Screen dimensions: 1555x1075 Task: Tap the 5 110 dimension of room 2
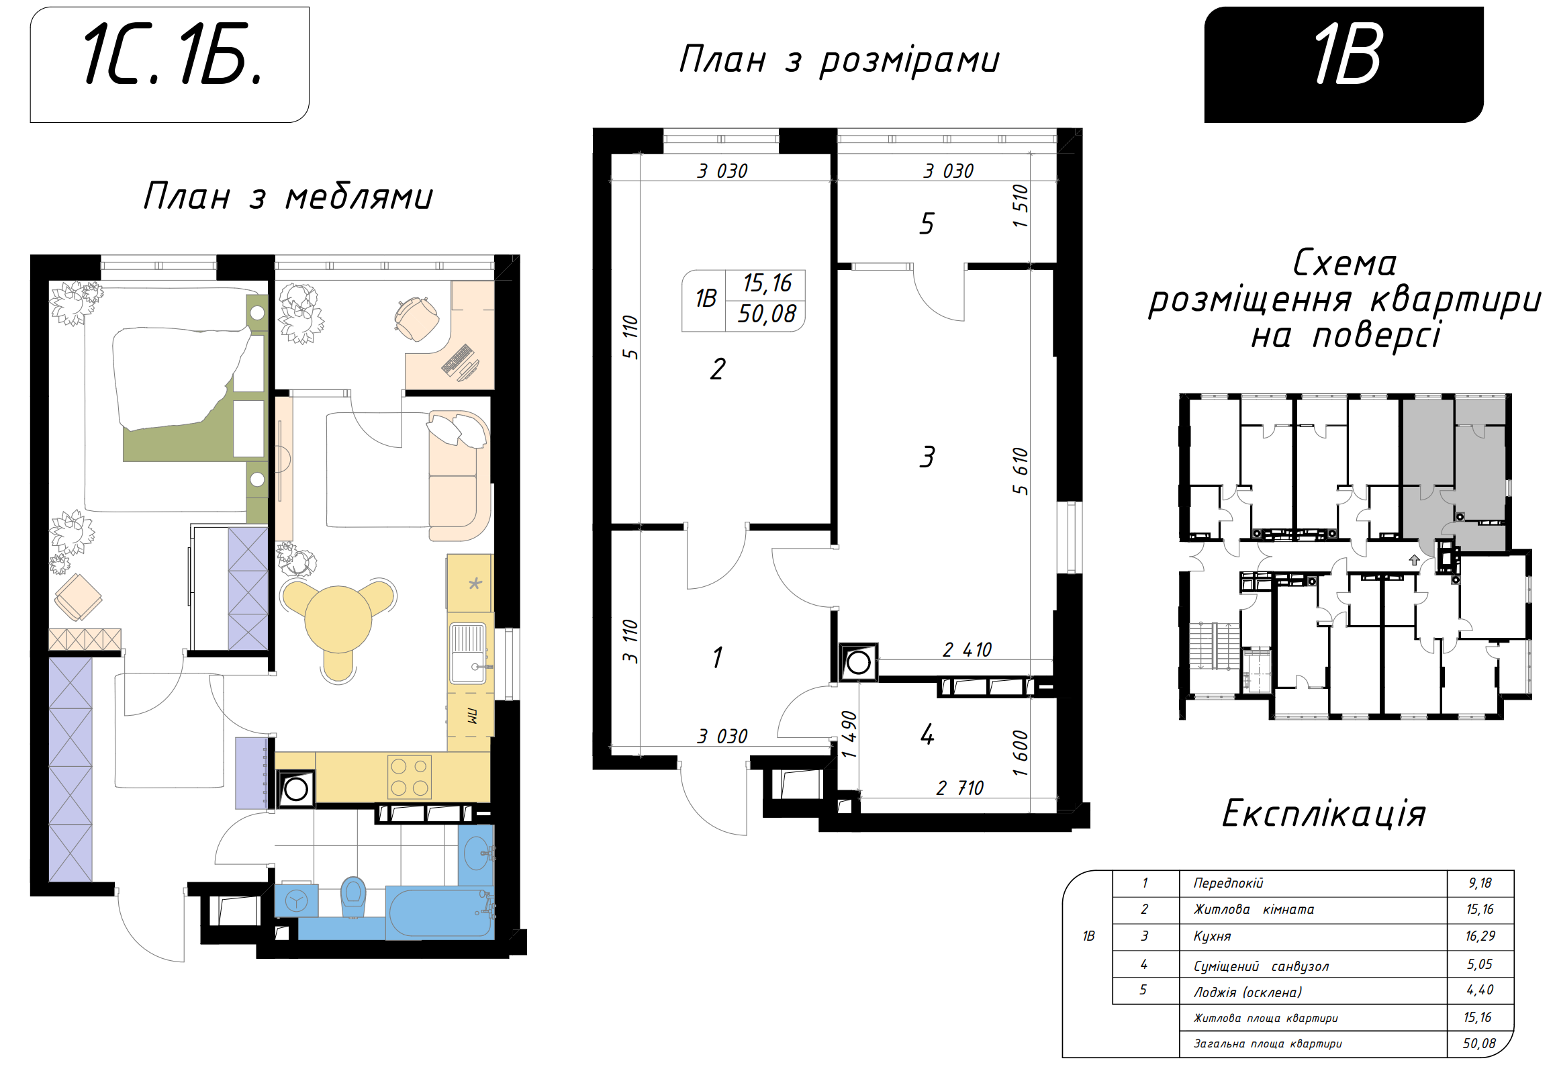[630, 337]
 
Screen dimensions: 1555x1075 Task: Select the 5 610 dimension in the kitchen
[1021, 471]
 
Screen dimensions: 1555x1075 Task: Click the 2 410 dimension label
[967, 650]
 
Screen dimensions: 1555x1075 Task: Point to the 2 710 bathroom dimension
[959, 788]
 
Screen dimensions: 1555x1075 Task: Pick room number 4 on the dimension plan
[927, 734]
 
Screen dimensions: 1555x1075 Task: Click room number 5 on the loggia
[927, 224]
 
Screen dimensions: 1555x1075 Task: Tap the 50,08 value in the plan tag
[766, 314]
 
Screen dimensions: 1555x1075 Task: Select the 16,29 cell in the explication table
[1480, 936]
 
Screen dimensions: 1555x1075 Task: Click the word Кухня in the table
[1212, 937]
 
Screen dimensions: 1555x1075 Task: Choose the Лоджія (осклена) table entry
[1247, 992]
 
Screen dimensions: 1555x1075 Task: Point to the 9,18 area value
[1480, 883]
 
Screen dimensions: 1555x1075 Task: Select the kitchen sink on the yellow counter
[468, 652]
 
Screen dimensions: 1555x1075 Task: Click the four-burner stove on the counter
[410, 777]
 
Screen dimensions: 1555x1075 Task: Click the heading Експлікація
[1323, 814]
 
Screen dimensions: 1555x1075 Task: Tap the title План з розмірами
[839, 60]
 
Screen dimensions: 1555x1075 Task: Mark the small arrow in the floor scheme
[1414, 560]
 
